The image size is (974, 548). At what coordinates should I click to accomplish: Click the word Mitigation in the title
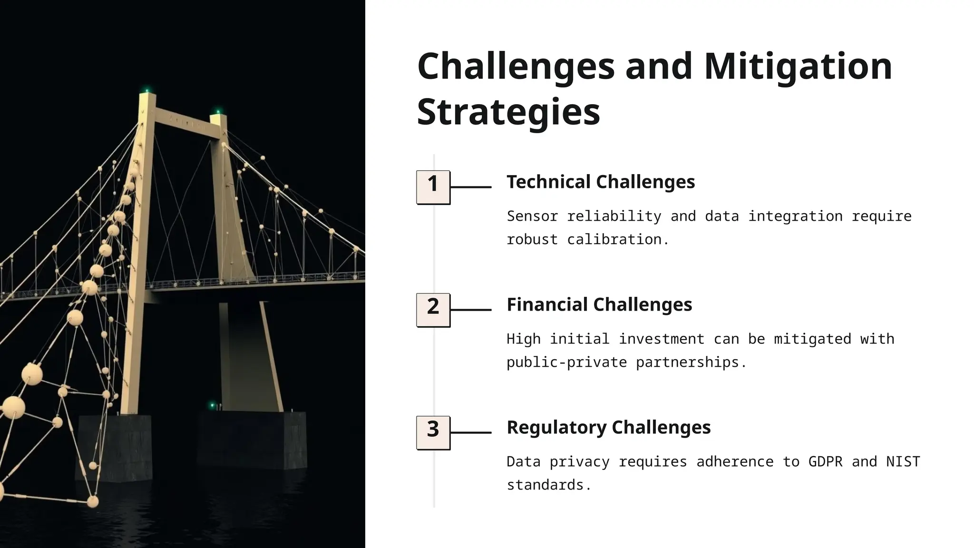tap(798, 67)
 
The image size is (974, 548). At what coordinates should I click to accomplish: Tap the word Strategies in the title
tap(508, 112)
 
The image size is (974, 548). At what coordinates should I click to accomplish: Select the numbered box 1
tap(433, 187)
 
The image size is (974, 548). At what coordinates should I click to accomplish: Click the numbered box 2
tap(433, 310)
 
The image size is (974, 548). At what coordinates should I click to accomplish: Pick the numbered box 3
tap(433, 432)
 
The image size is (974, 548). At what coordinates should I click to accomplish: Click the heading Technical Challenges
tap(600, 182)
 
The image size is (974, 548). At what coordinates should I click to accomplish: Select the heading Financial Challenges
tap(599, 304)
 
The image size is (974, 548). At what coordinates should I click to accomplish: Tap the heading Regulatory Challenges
tap(608, 427)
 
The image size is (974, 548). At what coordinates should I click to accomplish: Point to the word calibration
tap(618, 239)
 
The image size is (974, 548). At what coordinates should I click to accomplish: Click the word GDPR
tap(825, 461)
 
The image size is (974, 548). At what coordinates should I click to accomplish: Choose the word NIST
tap(903, 461)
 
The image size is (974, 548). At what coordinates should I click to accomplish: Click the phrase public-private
tap(566, 362)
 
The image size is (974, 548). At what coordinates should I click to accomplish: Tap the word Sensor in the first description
tap(532, 216)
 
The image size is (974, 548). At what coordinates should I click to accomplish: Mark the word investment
tap(661, 339)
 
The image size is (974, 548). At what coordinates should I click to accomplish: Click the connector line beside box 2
tap(471, 310)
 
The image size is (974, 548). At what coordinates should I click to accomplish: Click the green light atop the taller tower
tap(147, 90)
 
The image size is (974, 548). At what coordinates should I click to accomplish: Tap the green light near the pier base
tap(212, 405)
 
